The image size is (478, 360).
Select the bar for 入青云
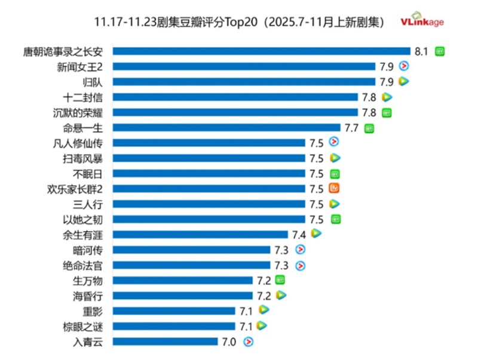165,341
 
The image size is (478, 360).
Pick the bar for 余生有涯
200,234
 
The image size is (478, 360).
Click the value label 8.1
422,51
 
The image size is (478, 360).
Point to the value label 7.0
229,341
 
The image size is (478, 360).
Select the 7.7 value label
351,127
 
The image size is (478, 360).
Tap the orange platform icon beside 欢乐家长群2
335,189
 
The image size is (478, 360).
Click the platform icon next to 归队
404,81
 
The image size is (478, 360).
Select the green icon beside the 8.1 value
440,51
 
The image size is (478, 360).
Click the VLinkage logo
422,21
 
